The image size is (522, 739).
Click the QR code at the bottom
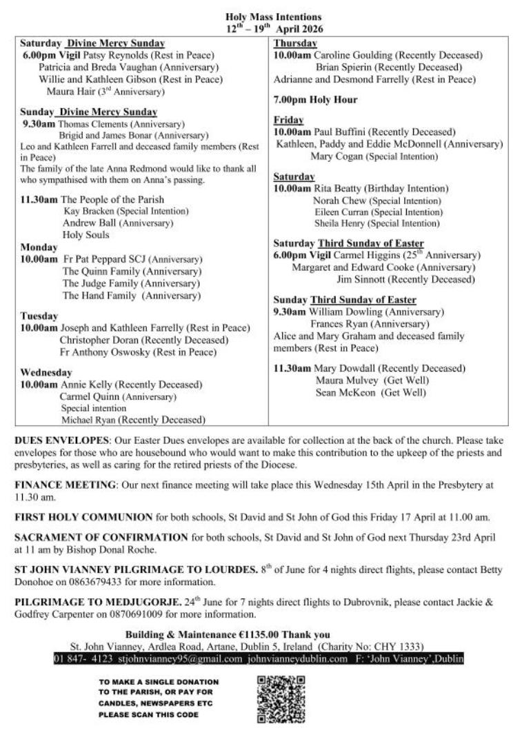281,699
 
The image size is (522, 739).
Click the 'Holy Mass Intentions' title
273,17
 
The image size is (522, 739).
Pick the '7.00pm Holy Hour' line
315,100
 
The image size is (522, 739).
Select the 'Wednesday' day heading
46,372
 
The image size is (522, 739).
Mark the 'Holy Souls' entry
86,235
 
